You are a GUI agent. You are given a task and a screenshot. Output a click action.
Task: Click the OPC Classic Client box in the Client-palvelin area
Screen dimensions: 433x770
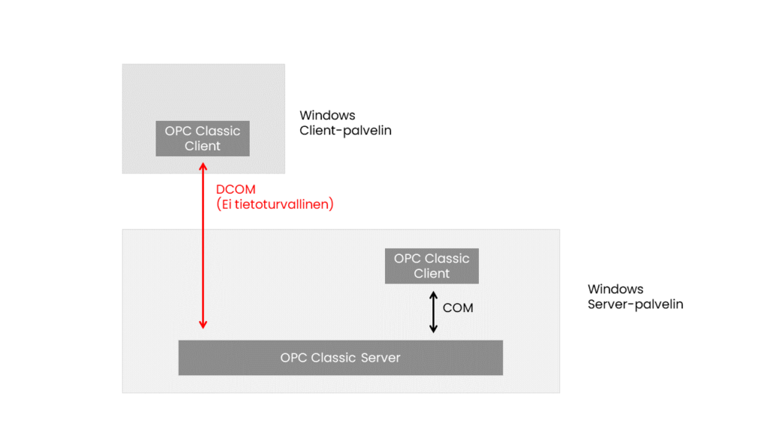click(x=202, y=138)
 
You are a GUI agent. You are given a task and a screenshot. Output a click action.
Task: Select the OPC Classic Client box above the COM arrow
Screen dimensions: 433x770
click(x=432, y=266)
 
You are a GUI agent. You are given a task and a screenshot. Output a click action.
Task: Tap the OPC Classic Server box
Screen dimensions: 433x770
click(x=340, y=358)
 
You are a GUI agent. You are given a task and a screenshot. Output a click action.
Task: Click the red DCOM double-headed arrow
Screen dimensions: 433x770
click(x=203, y=248)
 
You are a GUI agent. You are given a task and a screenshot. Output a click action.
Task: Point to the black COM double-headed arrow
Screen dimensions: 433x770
click(x=432, y=312)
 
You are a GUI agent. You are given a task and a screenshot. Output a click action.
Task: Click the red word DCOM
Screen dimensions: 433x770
click(x=235, y=189)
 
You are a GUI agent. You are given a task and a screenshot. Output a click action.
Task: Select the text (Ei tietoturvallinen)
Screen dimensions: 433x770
click(x=274, y=204)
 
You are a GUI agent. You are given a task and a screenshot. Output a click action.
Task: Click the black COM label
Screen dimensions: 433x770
click(x=458, y=307)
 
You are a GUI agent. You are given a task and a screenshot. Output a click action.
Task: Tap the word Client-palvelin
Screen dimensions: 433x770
click(x=345, y=131)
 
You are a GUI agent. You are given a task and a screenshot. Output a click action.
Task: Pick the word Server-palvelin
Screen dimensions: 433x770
click(x=635, y=304)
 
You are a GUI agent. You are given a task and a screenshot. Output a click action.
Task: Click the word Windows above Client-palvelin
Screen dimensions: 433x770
click(x=327, y=116)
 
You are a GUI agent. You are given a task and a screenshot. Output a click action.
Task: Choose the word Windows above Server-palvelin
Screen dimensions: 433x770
click(x=615, y=289)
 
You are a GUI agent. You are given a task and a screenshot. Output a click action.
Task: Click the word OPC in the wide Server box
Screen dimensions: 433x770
click(x=293, y=358)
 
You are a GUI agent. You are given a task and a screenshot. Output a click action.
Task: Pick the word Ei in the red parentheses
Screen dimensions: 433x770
click(x=228, y=204)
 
